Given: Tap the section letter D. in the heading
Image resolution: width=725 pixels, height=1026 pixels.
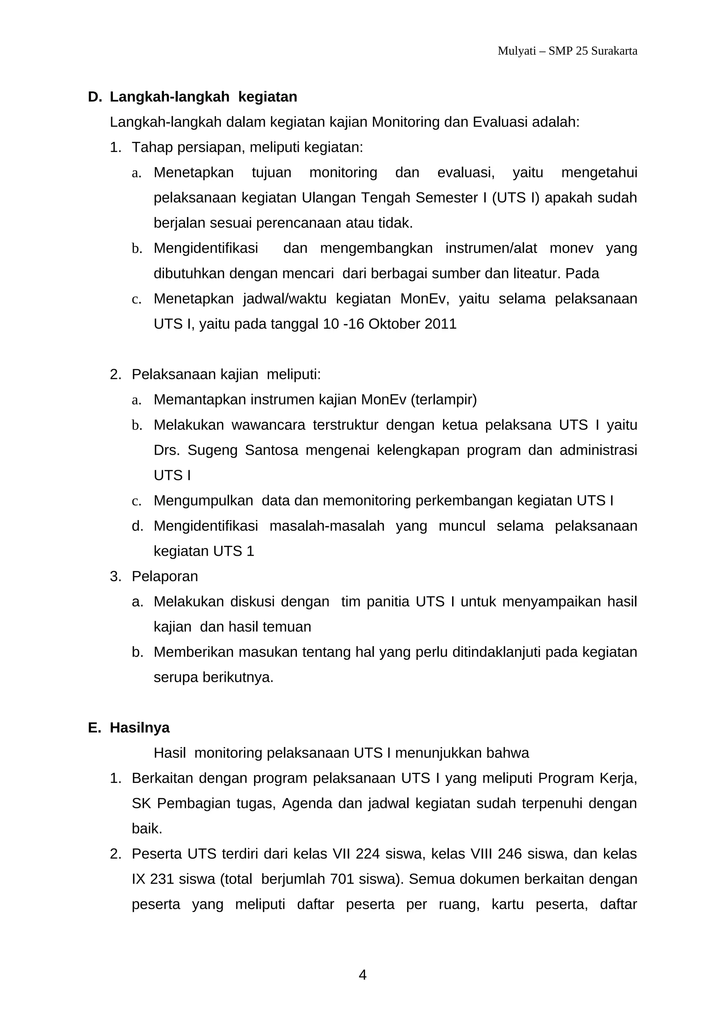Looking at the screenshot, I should [95, 97].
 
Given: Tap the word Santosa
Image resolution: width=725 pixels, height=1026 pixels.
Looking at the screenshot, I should [271, 450].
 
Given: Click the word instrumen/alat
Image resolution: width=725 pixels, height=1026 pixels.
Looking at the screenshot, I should [491, 248].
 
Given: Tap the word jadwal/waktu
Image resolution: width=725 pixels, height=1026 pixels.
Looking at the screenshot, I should [285, 298].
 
